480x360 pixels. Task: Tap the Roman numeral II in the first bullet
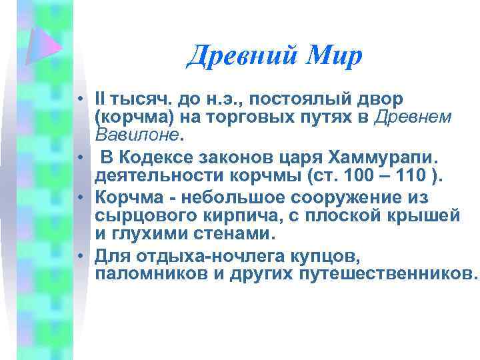(x=101, y=99)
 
